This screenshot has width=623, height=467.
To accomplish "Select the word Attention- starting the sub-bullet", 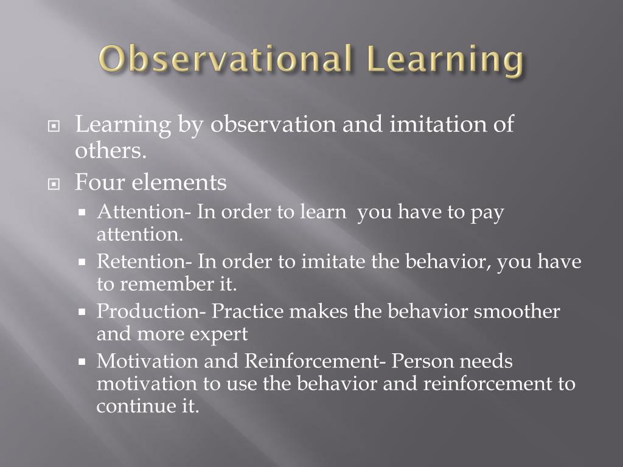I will tap(144, 213).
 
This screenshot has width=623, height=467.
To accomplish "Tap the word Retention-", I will tap(144, 262).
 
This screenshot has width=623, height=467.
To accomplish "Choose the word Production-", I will tap(151, 311).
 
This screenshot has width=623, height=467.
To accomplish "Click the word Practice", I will tap(248, 312).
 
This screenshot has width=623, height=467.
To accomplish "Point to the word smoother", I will tap(517, 312).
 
